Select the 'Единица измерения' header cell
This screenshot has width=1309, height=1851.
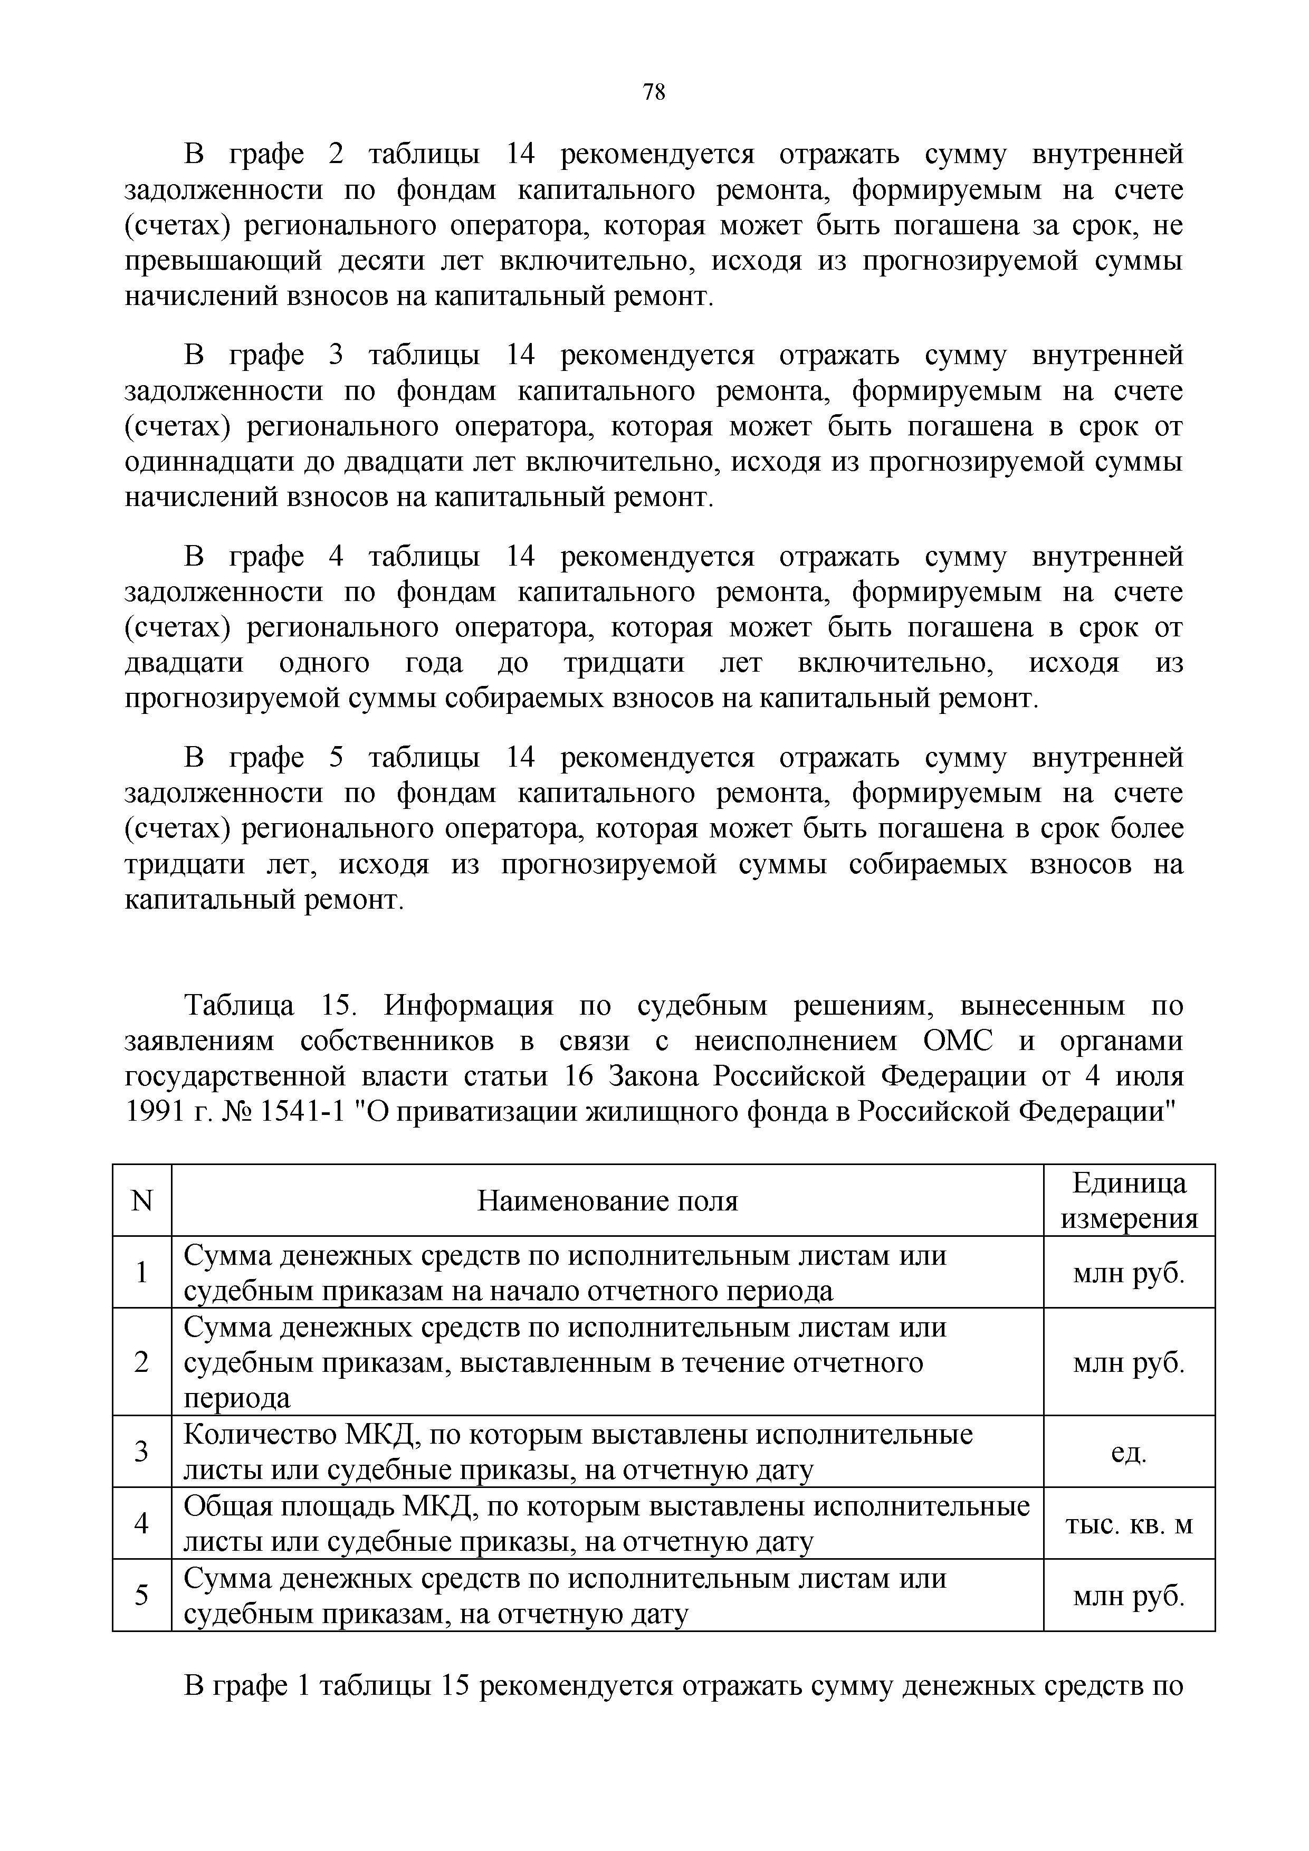[1129, 1201]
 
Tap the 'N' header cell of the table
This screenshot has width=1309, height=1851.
[142, 1202]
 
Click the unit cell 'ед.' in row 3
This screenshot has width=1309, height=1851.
[1129, 1453]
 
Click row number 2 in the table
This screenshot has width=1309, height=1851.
[142, 1362]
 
